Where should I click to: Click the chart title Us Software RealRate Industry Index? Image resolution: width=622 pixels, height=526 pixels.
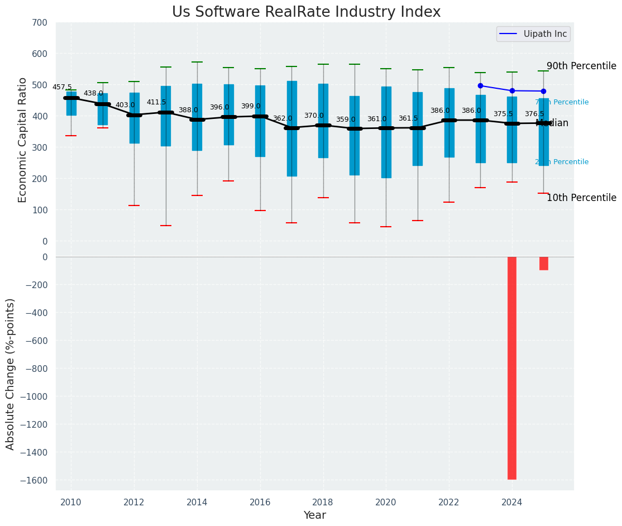(x=306, y=12)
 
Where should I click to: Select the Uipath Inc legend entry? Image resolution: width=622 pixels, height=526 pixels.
(x=545, y=34)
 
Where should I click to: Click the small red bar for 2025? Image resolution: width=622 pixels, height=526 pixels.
(x=544, y=264)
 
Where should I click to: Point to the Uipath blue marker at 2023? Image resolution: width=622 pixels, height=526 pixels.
(x=480, y=85)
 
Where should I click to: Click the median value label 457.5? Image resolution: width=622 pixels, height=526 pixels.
(x=62, y=87)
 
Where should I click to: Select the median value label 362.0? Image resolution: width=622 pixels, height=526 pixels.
(x=283, y=118)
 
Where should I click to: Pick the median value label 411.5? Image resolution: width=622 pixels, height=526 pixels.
(x=156, y=103)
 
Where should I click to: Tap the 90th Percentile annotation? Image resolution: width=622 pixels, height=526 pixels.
(x=581, y=66)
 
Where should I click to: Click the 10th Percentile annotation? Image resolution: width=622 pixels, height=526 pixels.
(x=581, y=198)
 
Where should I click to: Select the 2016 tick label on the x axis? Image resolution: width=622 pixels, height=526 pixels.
(x=260, y=502)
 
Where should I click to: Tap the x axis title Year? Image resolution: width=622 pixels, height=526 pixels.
(x=314, y=515)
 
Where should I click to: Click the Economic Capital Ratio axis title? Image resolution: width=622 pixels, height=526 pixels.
(x=23, y=140)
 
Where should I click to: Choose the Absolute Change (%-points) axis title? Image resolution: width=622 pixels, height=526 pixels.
(x=11, y=374)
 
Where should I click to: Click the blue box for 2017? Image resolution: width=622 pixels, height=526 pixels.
(x=291, y=128)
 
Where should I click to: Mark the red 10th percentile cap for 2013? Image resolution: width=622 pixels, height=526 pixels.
(x=166, y=226)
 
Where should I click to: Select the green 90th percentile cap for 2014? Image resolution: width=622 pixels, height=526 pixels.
(x=197, y=62)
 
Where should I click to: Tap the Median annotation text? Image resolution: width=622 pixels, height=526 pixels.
(x=552, y=123)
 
